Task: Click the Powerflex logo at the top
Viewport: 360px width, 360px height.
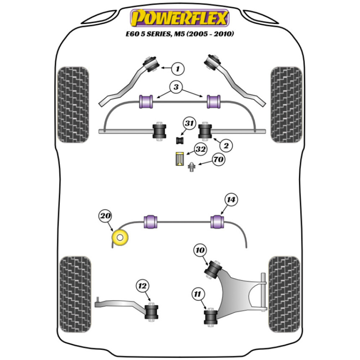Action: (x=180, y=18)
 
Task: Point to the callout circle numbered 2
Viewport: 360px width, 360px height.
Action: (x=226, y=145)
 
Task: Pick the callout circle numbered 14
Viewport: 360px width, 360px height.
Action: (x=232, y=199)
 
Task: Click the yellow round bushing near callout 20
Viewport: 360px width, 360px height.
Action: (x=121, y=238)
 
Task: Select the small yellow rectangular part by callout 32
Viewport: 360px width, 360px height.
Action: (x=179, y=159)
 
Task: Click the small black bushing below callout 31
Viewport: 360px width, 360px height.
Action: (x=180, y=140)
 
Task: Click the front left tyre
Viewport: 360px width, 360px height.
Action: (x=73, y=104)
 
